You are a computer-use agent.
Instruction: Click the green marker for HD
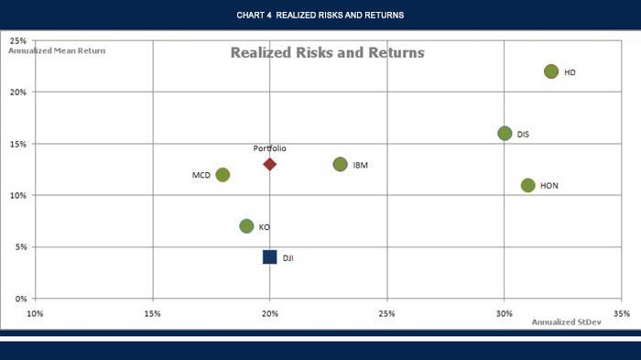click(551, 71)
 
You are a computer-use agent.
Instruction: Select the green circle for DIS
click(505, 133)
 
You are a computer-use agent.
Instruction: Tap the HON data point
click(527, 185)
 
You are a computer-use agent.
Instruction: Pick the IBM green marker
click(341, 165)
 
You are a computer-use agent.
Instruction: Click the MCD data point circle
click(223, 174)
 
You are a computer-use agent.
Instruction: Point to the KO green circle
click(246, 226)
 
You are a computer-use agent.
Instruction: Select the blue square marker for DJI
click(269, 256)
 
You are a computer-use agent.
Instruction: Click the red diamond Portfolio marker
click(269, 164)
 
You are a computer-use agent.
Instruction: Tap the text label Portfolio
click(269, 147)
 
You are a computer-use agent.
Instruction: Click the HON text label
click(549, 186)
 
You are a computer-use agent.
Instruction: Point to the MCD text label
click(201, 175)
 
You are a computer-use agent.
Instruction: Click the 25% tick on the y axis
click(17, 41)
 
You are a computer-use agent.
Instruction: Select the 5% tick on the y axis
click(19, 247)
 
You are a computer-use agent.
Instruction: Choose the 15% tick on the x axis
click(153, 313)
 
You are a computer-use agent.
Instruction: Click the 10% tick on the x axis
click(36, 313)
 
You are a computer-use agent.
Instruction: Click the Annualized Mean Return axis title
click(57, 50)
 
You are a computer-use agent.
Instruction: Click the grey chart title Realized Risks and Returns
click(327, 53)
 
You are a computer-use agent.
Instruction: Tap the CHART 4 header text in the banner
click(320, 15)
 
